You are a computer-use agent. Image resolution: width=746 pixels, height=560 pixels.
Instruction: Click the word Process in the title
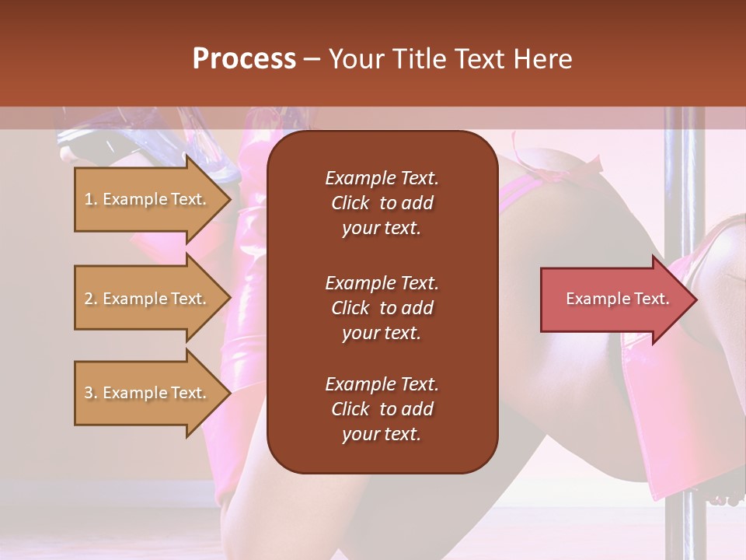click(x=244, y=58)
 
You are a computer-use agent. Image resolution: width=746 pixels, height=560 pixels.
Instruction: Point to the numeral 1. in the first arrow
click(x=91, y=199)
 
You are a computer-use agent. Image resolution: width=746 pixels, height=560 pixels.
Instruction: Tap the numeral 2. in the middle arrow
click(x=91, y=299)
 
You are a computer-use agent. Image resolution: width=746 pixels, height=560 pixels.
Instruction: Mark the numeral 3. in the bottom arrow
click(x=91, y=393)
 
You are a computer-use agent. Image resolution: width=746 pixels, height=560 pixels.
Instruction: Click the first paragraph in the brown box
click(x=382, y=203)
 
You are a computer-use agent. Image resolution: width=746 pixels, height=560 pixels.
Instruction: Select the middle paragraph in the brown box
click(x=382, y=308)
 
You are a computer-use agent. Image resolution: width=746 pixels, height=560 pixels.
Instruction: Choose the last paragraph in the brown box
click(x=382, y=409)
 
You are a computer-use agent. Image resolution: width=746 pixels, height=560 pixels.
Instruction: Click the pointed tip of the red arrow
click(x=695, y=299)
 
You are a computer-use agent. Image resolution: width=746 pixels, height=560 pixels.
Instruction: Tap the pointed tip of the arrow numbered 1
click(x=229, y=199)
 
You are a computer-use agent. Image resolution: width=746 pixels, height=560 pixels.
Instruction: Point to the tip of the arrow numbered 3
click(x=229, y=393)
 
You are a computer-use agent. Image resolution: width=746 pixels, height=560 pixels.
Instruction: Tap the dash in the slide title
click(x=312, y=58)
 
